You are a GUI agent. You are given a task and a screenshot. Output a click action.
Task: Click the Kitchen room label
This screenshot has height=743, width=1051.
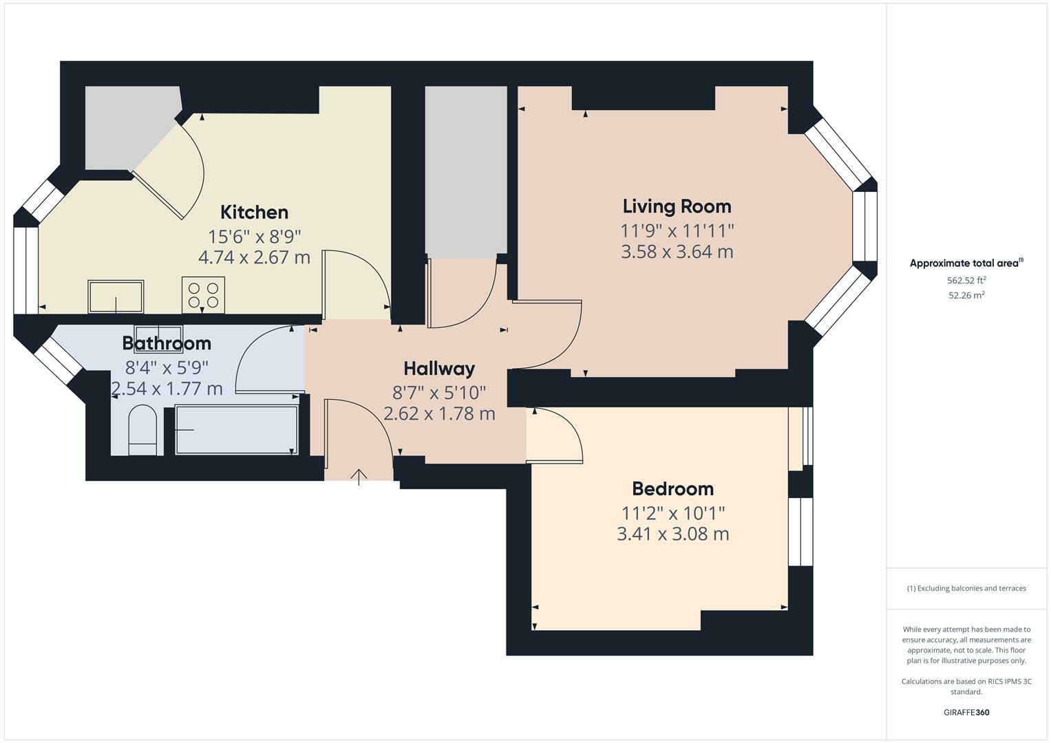tap(254, 212)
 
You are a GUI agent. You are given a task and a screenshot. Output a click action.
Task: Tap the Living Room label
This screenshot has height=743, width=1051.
tap(677, 206)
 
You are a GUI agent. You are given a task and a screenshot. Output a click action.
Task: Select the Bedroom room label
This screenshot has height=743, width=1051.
tap(672, 489)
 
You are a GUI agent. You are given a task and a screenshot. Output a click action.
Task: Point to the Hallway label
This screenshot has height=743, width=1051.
tap(439, 369)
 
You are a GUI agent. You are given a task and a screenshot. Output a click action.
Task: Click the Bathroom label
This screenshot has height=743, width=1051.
tap(167, 343)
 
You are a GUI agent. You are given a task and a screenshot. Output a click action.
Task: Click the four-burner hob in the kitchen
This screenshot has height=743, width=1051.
tap(203, 295)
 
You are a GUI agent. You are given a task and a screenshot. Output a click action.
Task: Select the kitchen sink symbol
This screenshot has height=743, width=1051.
tap(116, 297)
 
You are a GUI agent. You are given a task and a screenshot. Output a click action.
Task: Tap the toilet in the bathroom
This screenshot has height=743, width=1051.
tap(143, 431)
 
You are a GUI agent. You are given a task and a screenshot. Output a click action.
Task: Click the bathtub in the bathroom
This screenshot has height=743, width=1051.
tap(236, 430)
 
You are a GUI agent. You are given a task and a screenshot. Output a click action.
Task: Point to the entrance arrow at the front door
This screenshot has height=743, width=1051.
tap(359, 477)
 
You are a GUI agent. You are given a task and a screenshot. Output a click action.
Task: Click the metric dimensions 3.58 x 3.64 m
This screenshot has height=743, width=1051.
tap(677, 252)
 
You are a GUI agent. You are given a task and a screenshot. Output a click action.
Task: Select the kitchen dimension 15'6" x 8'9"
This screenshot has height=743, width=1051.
tap(254, 237)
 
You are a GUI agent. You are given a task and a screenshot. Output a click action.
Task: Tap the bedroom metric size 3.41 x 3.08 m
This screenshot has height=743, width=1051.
tap(672, 534)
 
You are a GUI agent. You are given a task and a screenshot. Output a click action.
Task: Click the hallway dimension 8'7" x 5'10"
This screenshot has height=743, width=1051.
tap(439, 393)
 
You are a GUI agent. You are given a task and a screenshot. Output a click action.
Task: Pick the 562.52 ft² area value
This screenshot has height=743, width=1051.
tap(966, 280)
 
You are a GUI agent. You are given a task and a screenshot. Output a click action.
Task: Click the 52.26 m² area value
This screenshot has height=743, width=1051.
tap(966, 295)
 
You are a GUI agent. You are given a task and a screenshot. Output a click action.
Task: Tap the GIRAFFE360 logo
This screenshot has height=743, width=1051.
tap(966, 712)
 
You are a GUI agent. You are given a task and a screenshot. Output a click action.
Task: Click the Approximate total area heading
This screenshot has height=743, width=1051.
tap(966, 263)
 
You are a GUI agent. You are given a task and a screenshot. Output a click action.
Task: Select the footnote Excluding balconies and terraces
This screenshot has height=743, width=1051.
tap(966, 588)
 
